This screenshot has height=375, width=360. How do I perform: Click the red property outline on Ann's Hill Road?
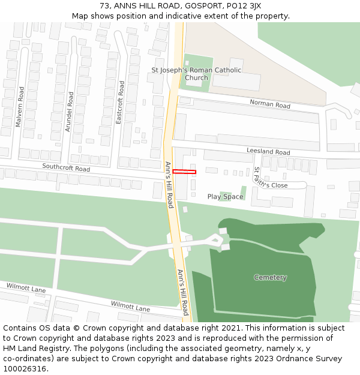point(184,172)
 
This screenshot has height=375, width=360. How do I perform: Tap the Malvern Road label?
point(20,107)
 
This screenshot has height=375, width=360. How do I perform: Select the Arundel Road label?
point(70,112)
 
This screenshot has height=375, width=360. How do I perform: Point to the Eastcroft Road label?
point(121,103)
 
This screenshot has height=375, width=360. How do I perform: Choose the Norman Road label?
point(270,104)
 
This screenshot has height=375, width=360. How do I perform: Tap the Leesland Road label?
point(268,152)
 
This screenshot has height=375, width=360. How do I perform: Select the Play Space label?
point(226,197)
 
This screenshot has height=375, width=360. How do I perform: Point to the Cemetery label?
point(270,277)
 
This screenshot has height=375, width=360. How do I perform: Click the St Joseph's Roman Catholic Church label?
point(196,74)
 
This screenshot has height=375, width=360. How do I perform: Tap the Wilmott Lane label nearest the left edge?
point(26,289)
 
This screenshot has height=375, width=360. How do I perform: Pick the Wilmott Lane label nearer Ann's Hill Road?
point(130,306)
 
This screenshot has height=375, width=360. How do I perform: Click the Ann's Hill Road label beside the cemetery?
point(183,292)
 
